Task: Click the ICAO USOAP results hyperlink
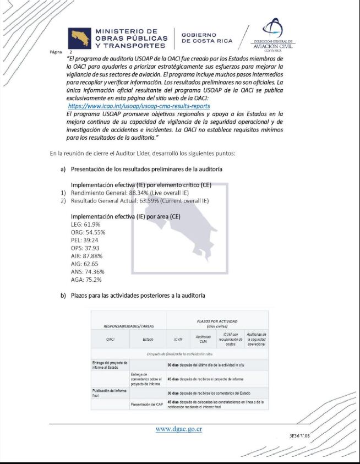(139, 106)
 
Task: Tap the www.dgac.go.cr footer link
(178, 429)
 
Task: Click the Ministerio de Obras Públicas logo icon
(79, 39)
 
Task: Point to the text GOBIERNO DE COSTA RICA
(207, 38)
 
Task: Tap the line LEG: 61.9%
(85, 225)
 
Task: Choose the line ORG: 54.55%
(88, 232)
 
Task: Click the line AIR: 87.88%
(86, 256)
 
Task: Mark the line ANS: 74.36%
(88, 272)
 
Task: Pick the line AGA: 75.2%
(86, 280)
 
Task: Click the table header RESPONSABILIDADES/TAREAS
(128, 325)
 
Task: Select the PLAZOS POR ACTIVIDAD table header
(217, 323)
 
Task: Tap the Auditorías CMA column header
(203, 339)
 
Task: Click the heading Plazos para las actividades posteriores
(138, 296)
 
